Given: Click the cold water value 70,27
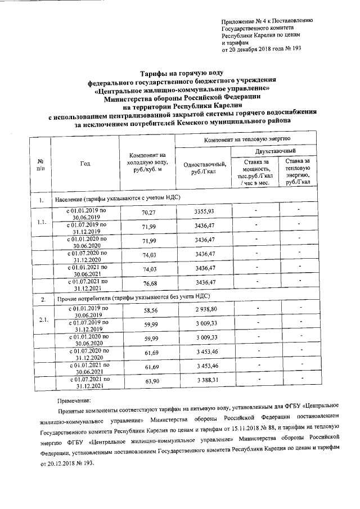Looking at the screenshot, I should pyautogui.click(x=148, y=212).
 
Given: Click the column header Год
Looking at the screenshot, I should pyautogui.click(x=85, y=164).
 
